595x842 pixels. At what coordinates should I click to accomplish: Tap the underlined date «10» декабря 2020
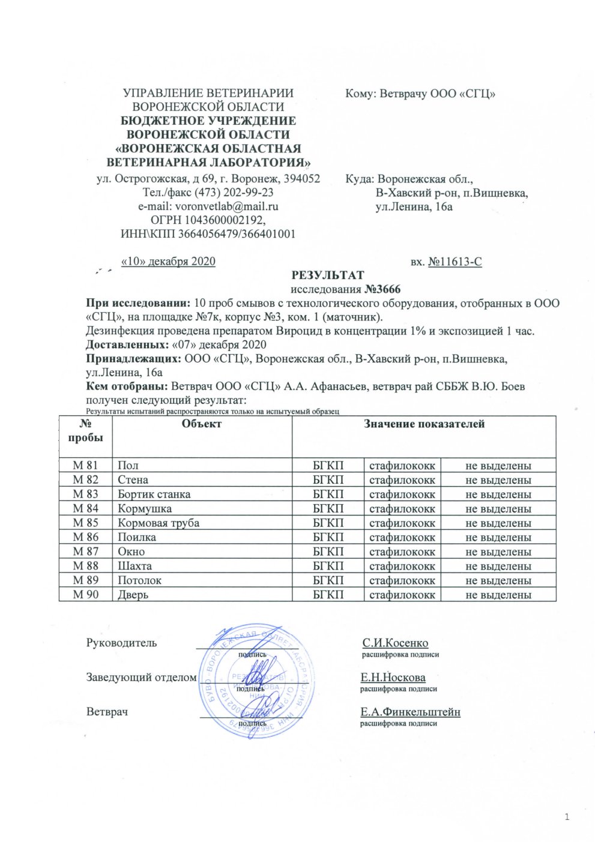168,262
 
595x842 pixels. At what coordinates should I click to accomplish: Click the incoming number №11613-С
455,262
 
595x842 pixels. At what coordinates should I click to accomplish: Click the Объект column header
202,424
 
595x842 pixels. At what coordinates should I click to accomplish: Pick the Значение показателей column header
424,424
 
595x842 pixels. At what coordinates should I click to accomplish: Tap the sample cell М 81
85,466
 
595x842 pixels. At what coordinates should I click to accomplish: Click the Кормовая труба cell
159,523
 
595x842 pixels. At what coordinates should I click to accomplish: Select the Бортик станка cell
154,495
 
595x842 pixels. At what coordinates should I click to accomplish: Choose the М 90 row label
85,595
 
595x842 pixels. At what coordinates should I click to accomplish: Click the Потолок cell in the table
140,580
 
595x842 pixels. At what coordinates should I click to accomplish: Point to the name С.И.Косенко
395,643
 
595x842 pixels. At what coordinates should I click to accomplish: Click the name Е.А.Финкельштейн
410,712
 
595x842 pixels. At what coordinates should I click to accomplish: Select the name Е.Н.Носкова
393,678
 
